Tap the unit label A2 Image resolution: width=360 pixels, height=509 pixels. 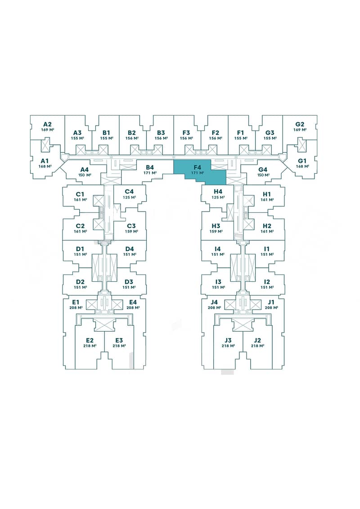47,124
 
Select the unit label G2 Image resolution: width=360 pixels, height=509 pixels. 300,124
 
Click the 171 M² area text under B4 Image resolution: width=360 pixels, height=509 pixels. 150,173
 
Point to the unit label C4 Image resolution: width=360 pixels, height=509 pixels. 129,191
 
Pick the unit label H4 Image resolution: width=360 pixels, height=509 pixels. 218,191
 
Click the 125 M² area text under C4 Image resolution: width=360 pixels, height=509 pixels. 129,197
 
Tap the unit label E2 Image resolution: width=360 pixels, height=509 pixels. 90,340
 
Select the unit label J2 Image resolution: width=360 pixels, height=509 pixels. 257,340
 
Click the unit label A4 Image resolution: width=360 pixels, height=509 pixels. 85,169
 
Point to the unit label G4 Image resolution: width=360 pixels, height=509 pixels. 263,169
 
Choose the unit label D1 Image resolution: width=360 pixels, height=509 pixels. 80,248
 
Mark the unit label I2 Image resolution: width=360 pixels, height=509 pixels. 266,281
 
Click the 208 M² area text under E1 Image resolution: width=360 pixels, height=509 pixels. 76,308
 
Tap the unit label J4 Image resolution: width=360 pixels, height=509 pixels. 214,302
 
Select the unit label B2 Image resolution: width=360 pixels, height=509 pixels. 132,132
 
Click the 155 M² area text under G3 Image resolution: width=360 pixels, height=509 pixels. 270,138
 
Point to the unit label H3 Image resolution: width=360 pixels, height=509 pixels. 216,225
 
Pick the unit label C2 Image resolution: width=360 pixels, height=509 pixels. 80,225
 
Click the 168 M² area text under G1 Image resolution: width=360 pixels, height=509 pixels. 302,167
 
